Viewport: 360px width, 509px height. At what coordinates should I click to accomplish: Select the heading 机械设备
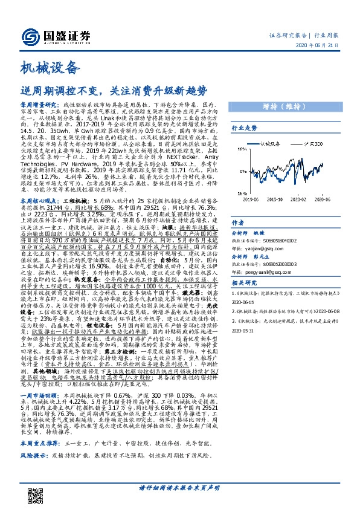(49, 68)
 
